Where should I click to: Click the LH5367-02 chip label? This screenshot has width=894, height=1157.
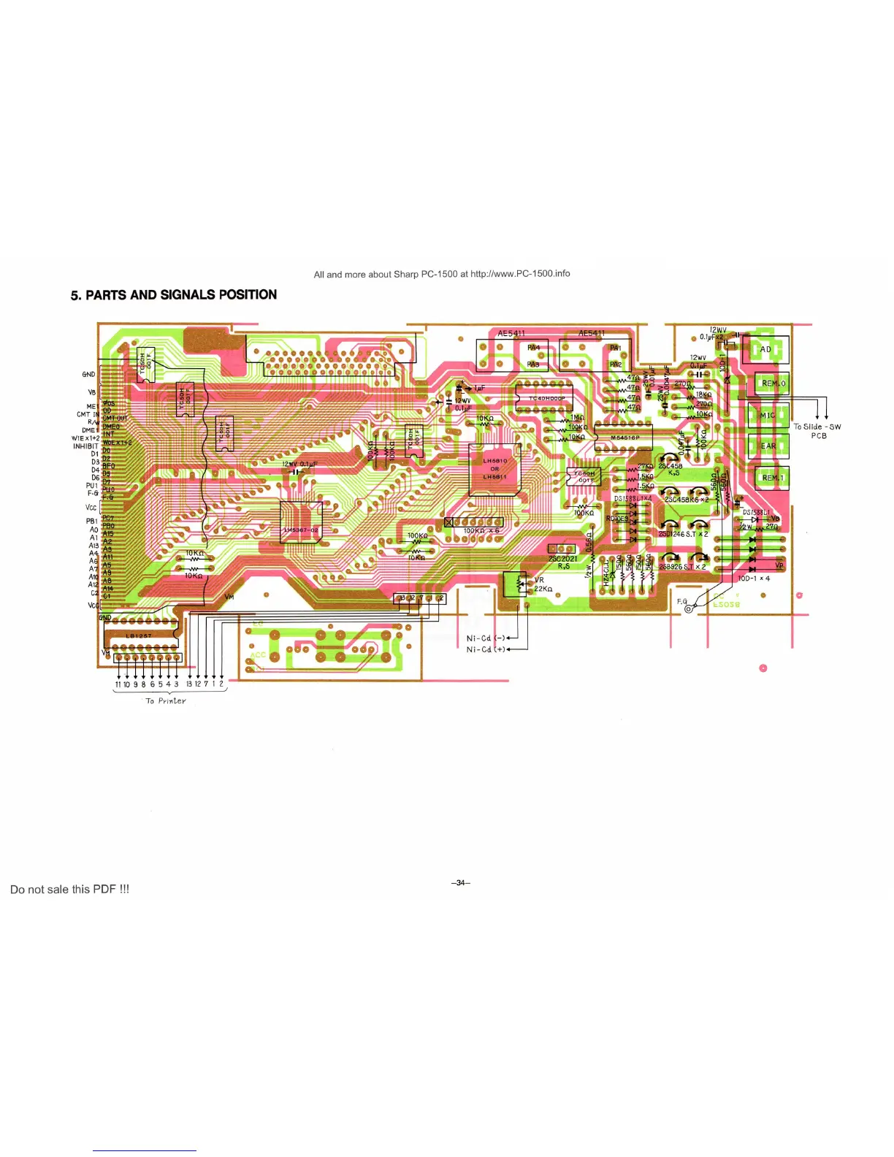301,530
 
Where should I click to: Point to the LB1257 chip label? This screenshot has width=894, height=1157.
139,635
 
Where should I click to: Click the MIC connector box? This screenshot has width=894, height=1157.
768,415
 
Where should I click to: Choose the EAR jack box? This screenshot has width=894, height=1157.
768,446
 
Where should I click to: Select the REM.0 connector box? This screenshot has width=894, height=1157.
772,383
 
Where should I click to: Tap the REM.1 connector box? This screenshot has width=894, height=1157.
772,478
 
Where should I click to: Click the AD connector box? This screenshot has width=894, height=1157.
765,350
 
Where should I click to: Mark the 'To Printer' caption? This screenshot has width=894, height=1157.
166,700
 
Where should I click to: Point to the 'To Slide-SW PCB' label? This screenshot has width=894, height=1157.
817,431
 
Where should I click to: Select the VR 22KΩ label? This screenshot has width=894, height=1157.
543,584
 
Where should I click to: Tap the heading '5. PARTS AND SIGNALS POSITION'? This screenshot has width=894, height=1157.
174,295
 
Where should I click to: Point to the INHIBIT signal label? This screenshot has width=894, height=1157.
85,446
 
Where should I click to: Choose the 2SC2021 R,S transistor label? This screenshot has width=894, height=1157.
563,562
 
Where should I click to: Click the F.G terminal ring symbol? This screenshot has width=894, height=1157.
688,609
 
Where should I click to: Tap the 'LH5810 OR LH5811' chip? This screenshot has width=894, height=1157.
494,469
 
